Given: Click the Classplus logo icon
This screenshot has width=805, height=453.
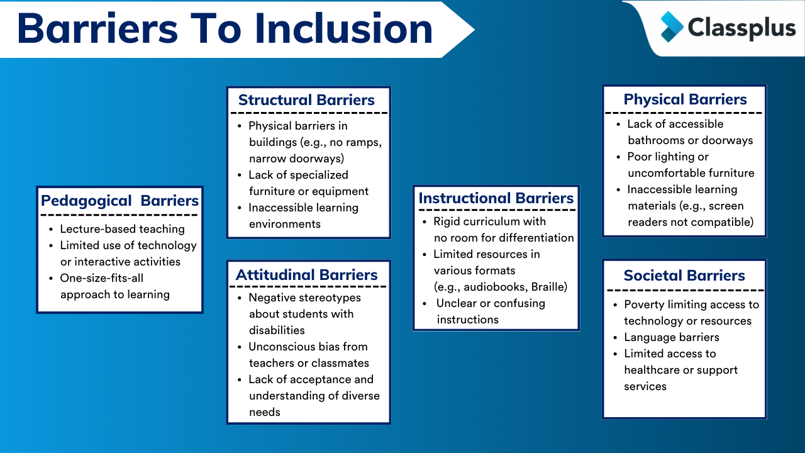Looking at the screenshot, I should (x=672, y=27).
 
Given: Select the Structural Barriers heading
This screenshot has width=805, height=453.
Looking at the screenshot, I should (x=306, y=100).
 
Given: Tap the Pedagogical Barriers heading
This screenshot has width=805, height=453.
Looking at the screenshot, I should (x=119, y=201).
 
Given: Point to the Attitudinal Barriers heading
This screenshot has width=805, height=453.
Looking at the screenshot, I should (x=306, y=275).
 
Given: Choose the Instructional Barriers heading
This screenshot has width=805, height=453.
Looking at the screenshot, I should (x=496, y=198).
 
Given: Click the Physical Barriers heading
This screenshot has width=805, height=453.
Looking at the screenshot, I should (x=685, y=99).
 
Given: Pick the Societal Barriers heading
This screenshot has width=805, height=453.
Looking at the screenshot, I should (x=684, y=276).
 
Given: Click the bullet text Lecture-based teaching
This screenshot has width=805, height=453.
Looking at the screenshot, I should (x=122, y=229).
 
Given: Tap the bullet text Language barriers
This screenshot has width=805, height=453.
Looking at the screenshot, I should (x=672, y=337).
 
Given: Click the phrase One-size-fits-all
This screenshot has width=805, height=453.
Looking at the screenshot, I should (x=102, y=278).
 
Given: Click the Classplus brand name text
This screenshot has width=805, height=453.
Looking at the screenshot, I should (x=732, y=28).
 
